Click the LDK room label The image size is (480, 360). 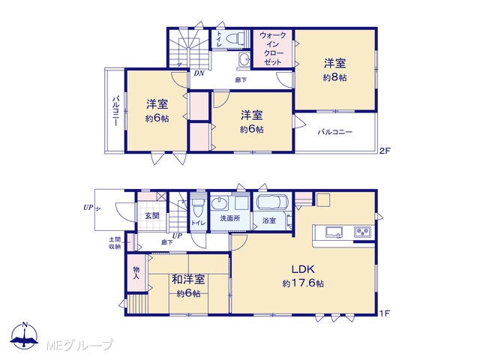pos(303,269)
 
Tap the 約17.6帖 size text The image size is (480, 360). pos(303,283)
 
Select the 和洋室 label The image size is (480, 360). pos(188,280)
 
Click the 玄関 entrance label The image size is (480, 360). pos(151,215)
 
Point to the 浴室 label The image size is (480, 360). pos(269,220)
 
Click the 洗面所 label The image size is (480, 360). pos(230,218)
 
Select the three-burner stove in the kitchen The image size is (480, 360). pos(363,232)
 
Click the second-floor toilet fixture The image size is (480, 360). pos(235,38)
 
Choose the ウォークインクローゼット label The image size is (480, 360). pos(272,49)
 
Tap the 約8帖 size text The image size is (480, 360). pos(335,78)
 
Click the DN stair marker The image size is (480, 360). pos(199,73)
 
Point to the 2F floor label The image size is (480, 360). pos(385,151)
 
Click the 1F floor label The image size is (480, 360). pos(385,313)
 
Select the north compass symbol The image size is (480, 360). pos(25,335)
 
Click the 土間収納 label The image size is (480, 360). pos(115,243)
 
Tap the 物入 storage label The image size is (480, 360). pos(136,273)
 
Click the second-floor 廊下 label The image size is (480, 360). pos(241,80)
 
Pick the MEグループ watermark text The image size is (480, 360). pos(79,345)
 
